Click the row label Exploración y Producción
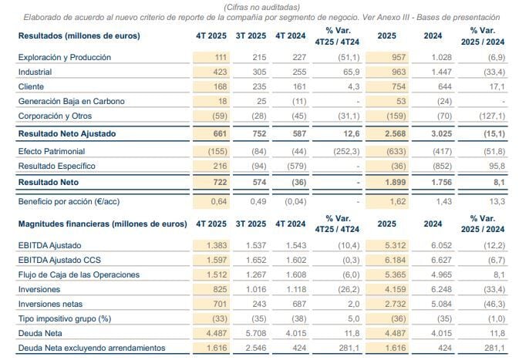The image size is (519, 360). (x=64, y=57)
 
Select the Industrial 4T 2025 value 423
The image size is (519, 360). (x=219, y=71)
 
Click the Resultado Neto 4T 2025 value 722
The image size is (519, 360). (x=218, y=182)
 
